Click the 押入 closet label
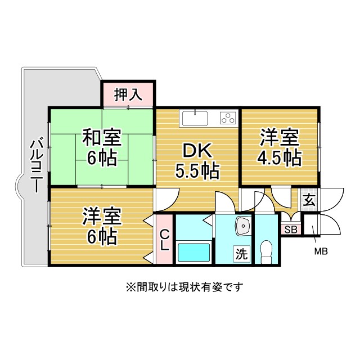pyautogui.click(x=128, y=94)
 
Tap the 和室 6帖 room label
pyautogui.click(x=101, y=147)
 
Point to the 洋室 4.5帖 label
pyautogui.click(x=280, y=147)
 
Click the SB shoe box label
pyautogui.click(x=290, y=229)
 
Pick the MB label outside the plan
pyautogui.click(x=321, y=251)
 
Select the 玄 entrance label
pyautogui.click(x=309, y=200)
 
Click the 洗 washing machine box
pyautogui.click(x=241, y=254)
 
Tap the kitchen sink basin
pyautogui.click(x=195, y=118)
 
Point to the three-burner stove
pyautogui.click(x=227, y=118)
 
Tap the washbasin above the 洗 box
pyautogui.click(x=243, y=227)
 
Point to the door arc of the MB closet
pyautogui.click(x=329, y=225)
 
